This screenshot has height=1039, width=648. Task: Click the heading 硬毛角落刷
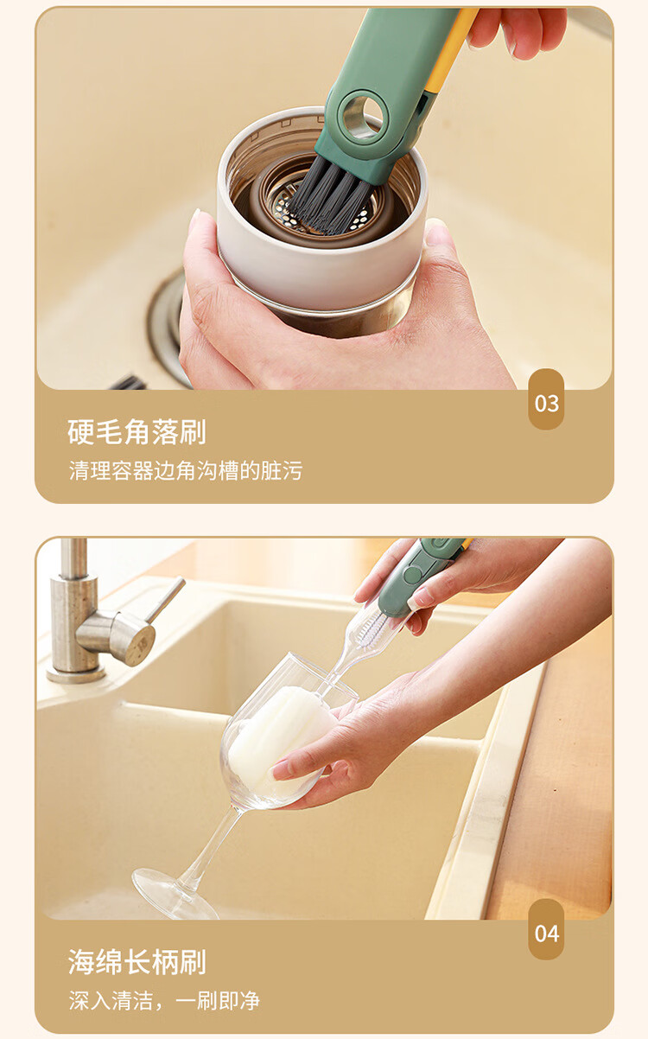[x=137, y=432]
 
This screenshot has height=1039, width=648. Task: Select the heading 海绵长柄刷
[x=137, y=962]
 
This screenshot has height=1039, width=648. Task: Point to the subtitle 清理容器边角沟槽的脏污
[x=186, y=471]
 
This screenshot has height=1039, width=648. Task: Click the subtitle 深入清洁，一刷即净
[x=164, y=1001]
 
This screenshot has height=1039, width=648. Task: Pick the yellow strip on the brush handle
[x=448, y=51]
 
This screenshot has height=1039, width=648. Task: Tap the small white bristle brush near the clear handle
[x=370, y=629]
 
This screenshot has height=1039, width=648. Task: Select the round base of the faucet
[x=75, y=673]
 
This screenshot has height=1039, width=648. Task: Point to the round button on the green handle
[x=410, y=575]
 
